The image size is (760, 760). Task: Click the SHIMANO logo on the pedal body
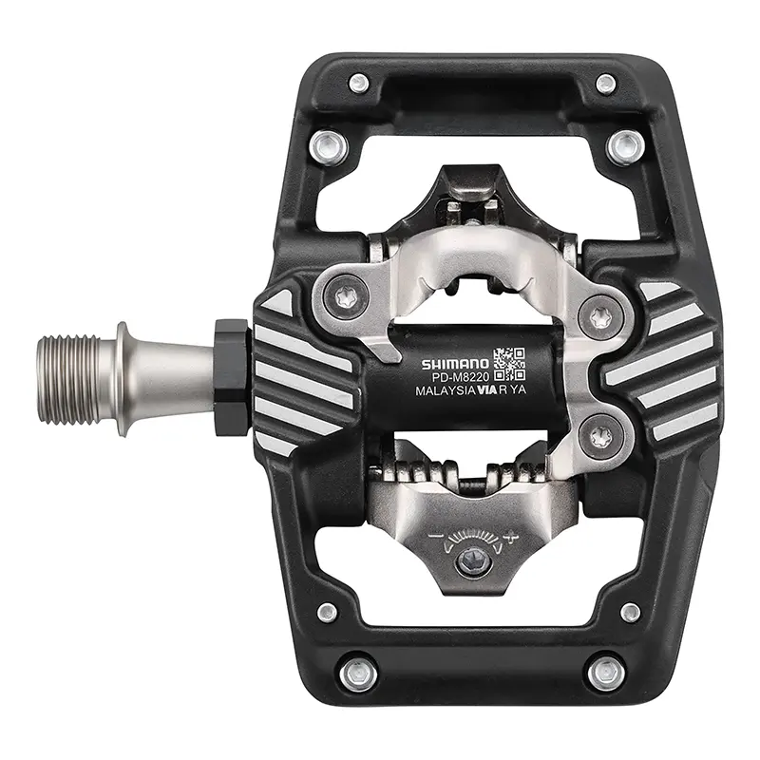click(x=455, y=364)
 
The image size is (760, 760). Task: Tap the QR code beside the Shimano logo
click(x=509, y=364)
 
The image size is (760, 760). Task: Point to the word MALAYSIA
click(x=445, y=390)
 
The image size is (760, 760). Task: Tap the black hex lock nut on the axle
click(x=233, y=377)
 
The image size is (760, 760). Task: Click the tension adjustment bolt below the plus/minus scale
click(x=472, y=562)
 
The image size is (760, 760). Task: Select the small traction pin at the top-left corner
click(x=359, y=84)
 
